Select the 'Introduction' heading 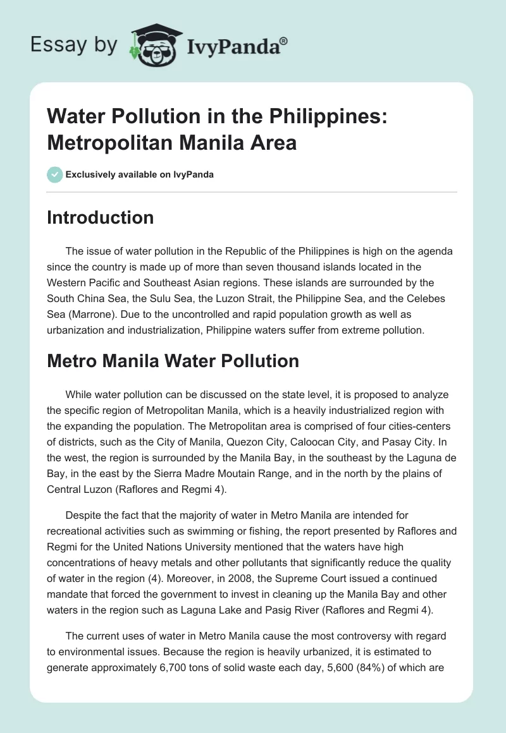pyautogui.click(x=101, y=217)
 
